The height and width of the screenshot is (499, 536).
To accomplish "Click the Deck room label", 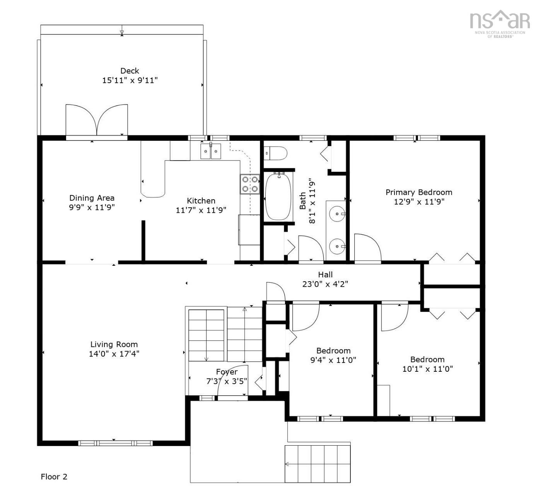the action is click(130, 71).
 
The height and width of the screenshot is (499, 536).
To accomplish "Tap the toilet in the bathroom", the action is click(275, 153).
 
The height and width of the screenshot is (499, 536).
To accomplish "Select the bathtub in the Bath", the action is click(278, 197).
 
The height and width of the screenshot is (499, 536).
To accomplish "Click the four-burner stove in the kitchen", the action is click(250, 184).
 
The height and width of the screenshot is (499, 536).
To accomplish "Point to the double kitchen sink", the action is click(210, 151).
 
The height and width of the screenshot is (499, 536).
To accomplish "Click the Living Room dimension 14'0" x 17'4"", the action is click(114, 354).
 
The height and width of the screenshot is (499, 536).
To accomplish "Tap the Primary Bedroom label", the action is click(418, 192).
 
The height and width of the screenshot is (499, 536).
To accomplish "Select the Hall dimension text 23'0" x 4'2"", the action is click(325, 284).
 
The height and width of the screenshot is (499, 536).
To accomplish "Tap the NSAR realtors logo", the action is click(500, 24).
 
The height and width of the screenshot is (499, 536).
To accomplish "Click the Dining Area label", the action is click(92, 198).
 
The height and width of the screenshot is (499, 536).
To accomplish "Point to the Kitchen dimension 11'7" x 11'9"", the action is click(201, 210).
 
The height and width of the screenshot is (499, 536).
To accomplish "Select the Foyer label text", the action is click(227, 372).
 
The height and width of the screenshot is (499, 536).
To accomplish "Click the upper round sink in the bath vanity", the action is click(337, 214).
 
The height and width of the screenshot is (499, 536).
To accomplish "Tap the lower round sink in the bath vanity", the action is click(337, 246).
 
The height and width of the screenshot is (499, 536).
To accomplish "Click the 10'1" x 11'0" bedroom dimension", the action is click(427, 369).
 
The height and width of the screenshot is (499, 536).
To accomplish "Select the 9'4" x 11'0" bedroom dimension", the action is click(333, 360).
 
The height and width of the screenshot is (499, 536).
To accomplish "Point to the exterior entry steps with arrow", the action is click(318, 464).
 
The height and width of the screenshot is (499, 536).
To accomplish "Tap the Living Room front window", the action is click(115, 443).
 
